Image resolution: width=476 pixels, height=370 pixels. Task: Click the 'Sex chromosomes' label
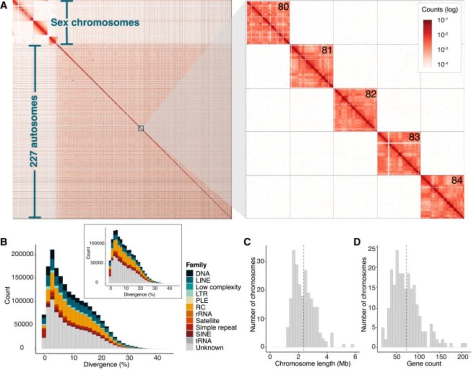pyautogui.click(x=95, y=22)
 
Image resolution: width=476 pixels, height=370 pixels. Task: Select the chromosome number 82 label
pyautogui.click(x=370, y=94)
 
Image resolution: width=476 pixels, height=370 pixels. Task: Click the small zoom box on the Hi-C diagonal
pyautogui.click(x=141, y=128)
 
